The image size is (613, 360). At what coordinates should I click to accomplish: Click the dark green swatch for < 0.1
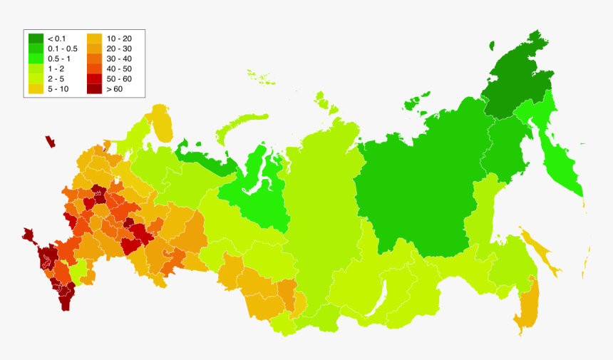pyautogui.click(x=36, y=38)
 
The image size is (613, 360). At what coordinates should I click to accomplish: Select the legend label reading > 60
pyautogui.click(x=113, y=89)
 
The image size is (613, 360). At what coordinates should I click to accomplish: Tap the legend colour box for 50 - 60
pyautogui.click(x=94, y=79)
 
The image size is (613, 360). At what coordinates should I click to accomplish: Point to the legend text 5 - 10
pyautogui.click(x=58, y=89)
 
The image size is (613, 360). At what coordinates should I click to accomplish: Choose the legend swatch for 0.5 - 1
pyautogui.click(x=36, y=58)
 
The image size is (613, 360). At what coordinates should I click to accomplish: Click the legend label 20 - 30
pyautogui.click(x=118, y=48)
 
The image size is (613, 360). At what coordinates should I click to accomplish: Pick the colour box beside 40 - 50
pyautogui.click(x=94, y=68)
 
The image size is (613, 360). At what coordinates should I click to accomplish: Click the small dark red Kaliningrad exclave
pyautogui.click(x=50, y=141)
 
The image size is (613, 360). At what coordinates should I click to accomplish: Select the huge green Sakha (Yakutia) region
pyautogui.click(x=413, y=185)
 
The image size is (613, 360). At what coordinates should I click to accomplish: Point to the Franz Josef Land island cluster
pyautogui.click(x=259, y=77)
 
